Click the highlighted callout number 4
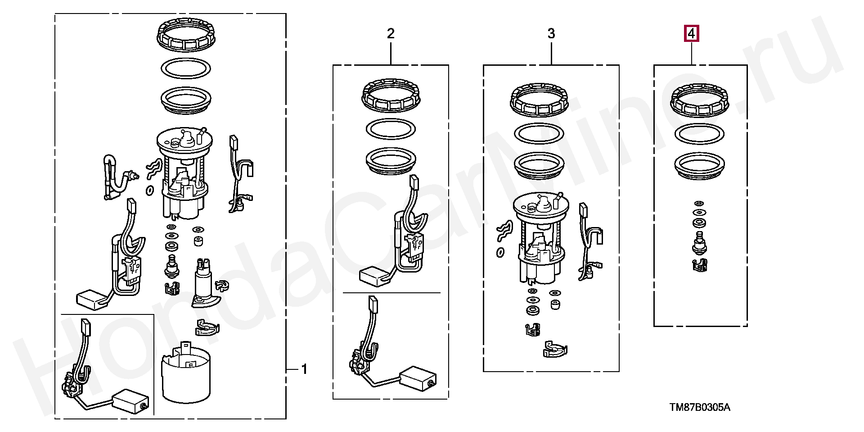coord(692,33)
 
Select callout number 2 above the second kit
coord(391,33)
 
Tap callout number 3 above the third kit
coord(551,33)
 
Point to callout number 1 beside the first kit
coord(304,370)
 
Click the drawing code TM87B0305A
coord(700,408)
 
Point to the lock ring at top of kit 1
coord(185,35)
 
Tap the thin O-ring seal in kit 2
coord(391,130)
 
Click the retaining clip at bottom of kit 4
coord(699,266)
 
